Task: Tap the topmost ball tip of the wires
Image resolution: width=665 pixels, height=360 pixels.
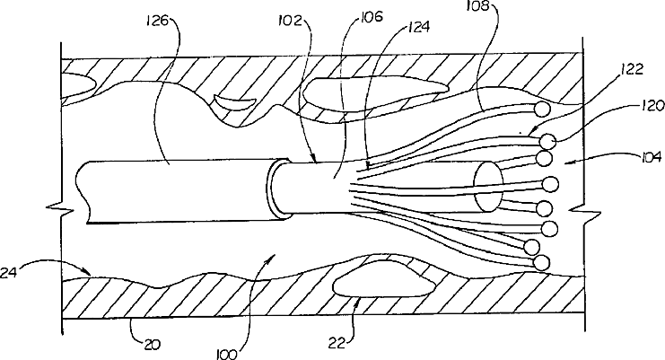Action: point(541,110)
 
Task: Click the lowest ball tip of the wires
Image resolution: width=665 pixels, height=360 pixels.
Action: point(540,262)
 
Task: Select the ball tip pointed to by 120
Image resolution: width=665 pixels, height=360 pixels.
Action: point(547,141)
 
